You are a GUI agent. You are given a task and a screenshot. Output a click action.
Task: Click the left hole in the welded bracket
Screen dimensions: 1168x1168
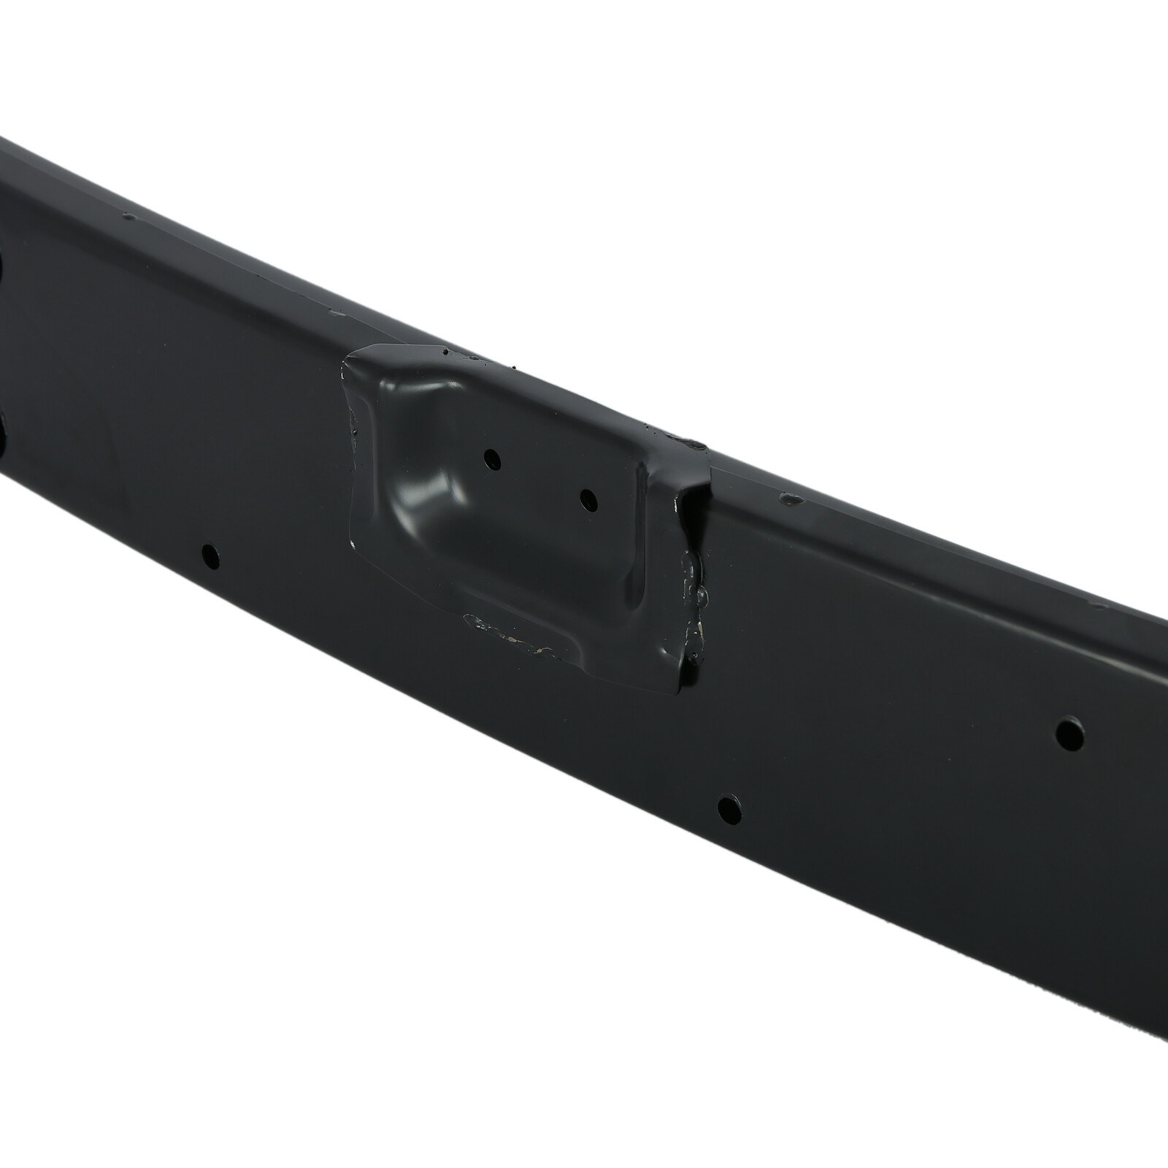pos(493,459)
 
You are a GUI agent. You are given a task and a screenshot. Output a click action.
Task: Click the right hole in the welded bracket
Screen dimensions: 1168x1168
pos(588,499)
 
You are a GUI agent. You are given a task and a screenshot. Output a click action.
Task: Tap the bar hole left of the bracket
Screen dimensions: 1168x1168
pos(210,555)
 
